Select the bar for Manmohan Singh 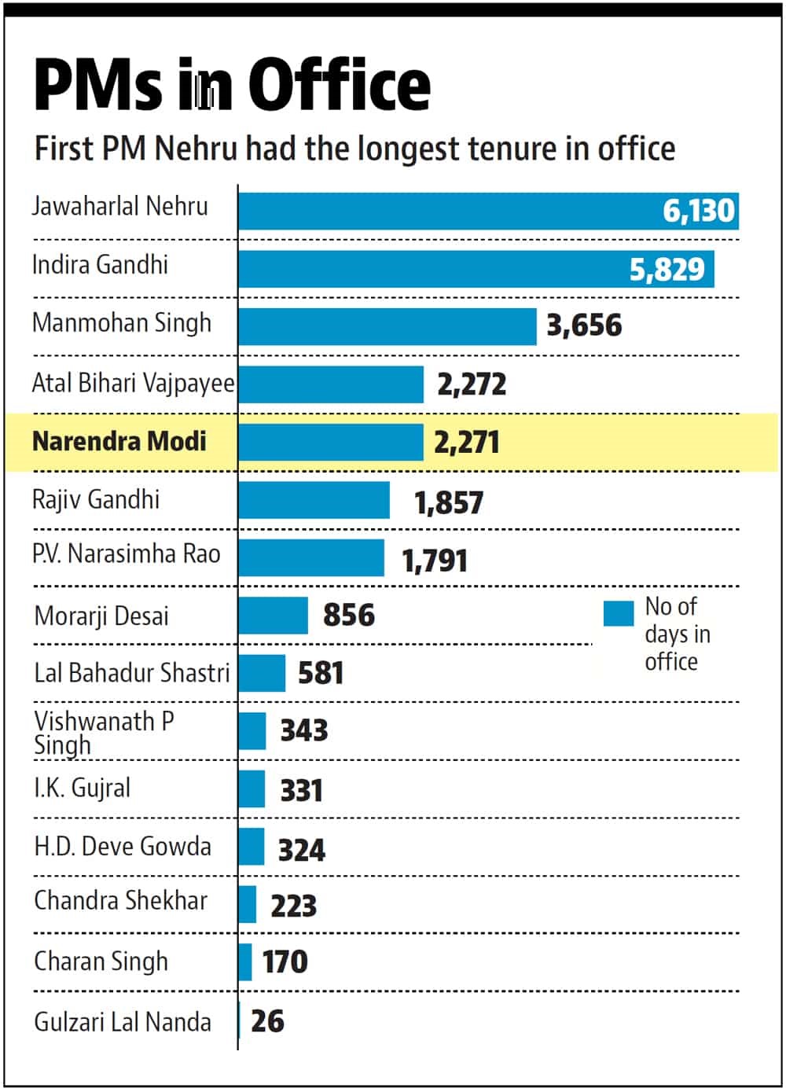pos(387,326)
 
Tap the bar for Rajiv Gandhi pos(314,500)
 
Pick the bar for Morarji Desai pos(273,616)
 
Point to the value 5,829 pos(667,270)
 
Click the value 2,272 pos(472,384)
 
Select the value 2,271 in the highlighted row pos(466,443)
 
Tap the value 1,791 pos(435,561)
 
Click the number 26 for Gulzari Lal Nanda pos(267,1021)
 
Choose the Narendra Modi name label pos(119,441)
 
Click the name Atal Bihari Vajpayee pos(133,383)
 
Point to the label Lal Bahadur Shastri pos(132,673)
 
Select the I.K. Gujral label pos(83,788)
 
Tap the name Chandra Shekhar pos(121,901)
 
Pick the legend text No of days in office pos(676,634)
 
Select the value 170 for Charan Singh pos(285,961)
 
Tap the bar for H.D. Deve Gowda pos(252,847)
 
